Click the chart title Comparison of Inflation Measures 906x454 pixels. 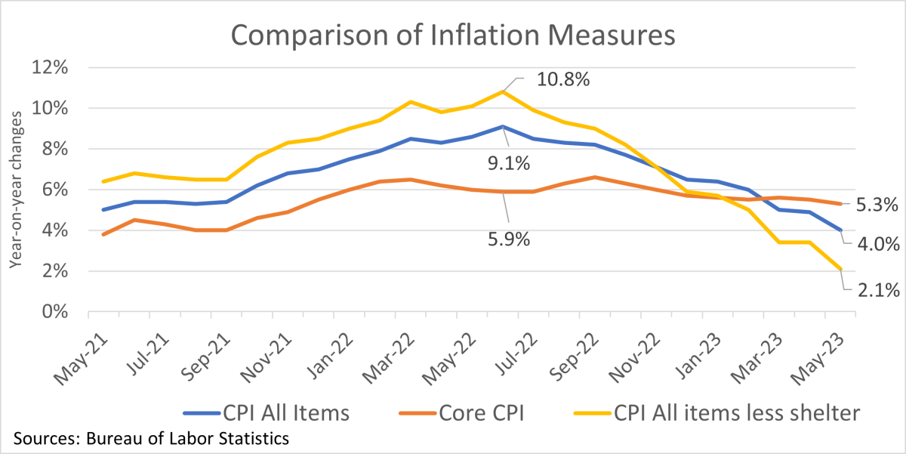pyautogui.click(x=452, y=36)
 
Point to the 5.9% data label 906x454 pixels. pyautogui.click(x=506, y=240)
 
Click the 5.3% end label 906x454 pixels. pyautogui.click(x=878, y=204)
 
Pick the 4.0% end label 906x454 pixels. pyautogui.click(x=878, y=244)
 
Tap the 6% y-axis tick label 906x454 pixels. pyautogui.click(x=54, y=190)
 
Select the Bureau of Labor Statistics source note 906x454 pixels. pyautogui.click(x=150, y=438)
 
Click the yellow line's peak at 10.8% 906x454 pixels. pyautogui.click(x=503, y=91)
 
